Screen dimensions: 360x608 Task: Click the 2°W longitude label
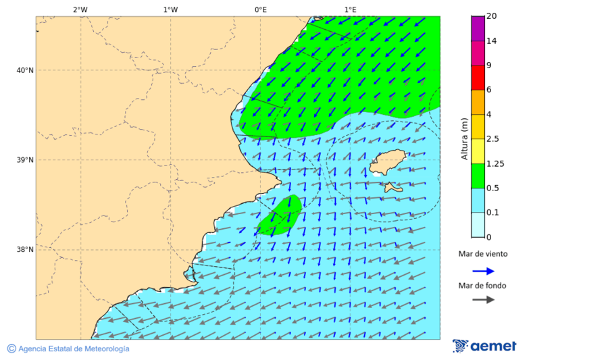point(80,9)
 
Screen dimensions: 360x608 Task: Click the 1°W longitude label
point(170,9)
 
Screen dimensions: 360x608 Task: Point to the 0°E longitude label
point(260,9)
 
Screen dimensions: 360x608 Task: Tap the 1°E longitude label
point(351,9)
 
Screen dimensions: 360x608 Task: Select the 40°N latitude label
point(24,70)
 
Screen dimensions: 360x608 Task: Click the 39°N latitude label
point(24,160)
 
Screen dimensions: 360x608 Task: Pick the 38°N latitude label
point(24,250)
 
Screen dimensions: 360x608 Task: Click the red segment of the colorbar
point(478,78)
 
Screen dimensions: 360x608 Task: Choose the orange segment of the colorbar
point(478,102)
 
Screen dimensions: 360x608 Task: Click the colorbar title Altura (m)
point(464,138)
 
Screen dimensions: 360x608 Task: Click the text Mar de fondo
point(482,286)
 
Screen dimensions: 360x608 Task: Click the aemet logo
point(484,346)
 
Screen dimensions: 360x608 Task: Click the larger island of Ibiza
point(388,162)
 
